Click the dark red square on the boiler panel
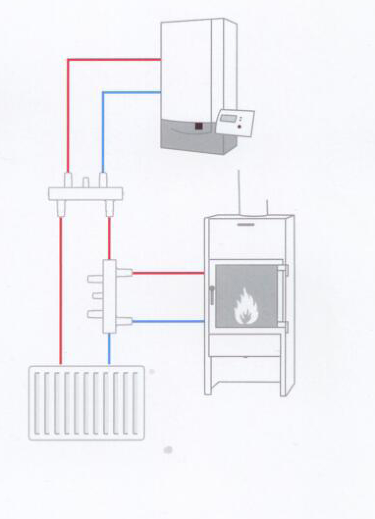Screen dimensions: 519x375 point(199,126)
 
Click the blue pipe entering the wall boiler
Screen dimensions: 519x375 point(133,92)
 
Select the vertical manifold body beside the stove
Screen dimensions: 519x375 point(109,297)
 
